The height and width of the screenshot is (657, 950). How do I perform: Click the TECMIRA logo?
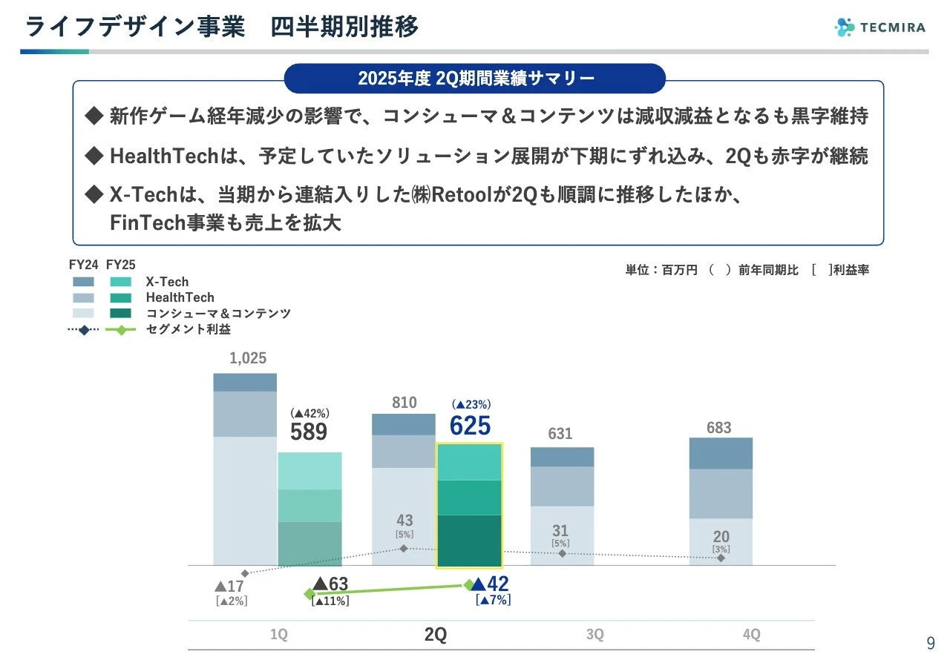[x=879, y=27]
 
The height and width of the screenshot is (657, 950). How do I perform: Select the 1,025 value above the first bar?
[x=248, y=358]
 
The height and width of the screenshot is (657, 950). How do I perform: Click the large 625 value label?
[x=471, y=426]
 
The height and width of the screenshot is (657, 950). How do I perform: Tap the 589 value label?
[x=309, y=432]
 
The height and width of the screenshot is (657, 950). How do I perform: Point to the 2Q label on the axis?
[x=436, y=635]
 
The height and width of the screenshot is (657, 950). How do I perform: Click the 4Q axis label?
[x=751, y=635]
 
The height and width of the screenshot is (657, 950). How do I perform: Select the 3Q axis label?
[x=594, y=635]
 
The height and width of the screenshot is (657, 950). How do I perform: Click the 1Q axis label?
[x=278, y=635]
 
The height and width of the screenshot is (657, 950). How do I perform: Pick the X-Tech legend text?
[x=167, y=282]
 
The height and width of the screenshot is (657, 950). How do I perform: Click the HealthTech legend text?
[x=180, y=297]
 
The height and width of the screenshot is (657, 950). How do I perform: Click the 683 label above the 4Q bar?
[x=718, y=428]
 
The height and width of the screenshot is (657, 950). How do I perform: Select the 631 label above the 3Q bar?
[x=560, y=434]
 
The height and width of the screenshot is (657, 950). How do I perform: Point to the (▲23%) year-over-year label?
[x=471, y=404]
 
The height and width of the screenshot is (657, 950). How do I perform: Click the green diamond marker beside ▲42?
[x=468, y=584]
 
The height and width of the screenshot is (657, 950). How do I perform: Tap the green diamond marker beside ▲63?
[x=309, y=594]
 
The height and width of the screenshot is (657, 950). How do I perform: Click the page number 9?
[x=930, y=643]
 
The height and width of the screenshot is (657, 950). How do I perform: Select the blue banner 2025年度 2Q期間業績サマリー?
[x=475, y=79]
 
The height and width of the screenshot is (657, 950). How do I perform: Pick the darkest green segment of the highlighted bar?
[x=470, y=541]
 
